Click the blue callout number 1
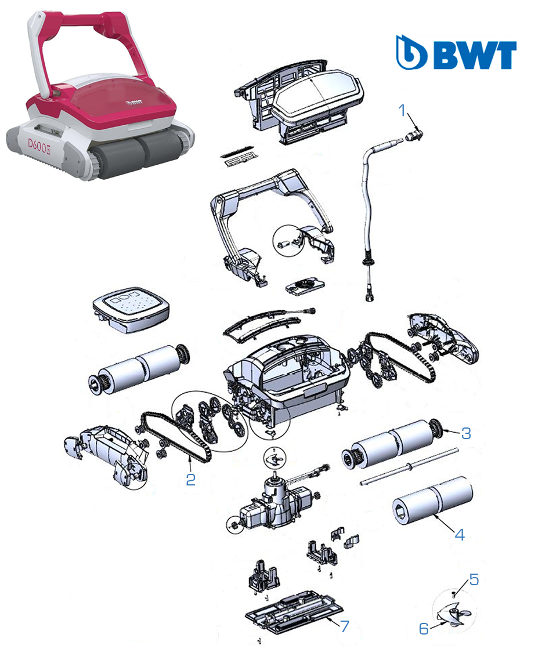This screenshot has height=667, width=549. point(402,110)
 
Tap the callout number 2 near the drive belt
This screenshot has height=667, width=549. point(191,480)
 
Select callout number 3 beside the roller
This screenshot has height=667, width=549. point(466,433)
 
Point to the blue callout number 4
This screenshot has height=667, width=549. point(460,535)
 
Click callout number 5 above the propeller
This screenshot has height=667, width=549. point(474,579)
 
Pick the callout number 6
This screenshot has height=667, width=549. point(424,628)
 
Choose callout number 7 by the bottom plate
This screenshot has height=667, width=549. point(344,626)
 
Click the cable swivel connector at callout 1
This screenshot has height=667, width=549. point(414,135)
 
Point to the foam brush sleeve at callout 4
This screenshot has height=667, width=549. point(432,501)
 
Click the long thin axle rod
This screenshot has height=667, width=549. point(409,466)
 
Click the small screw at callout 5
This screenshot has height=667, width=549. point(454,594)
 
